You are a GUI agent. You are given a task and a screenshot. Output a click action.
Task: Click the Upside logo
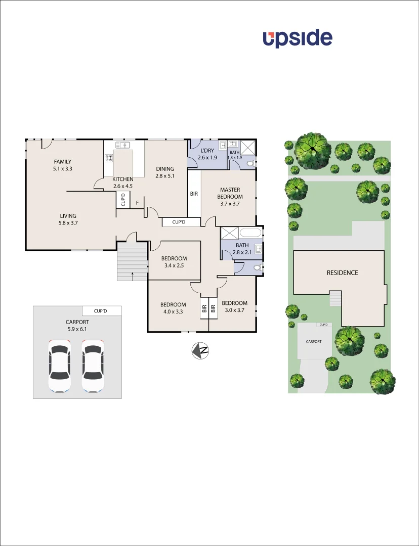coord(298,39)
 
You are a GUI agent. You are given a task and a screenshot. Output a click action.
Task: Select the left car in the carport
coord(59,366)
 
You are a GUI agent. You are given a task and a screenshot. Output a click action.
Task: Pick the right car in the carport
coord(93,366)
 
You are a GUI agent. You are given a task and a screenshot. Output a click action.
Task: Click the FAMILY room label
coord(63,162)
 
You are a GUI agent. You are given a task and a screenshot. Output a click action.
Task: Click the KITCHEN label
coord(123,179)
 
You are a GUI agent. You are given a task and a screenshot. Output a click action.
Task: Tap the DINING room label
coord(165,169)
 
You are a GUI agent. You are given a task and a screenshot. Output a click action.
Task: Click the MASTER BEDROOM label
coord(230,193)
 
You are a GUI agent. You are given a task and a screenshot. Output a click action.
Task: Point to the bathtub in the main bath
coord(250,233)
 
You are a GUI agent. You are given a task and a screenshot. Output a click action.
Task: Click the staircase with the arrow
coord(132,261)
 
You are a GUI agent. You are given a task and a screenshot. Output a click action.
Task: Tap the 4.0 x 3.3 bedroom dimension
coord(173,311)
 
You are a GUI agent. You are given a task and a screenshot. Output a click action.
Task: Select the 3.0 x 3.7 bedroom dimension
coord(234,310)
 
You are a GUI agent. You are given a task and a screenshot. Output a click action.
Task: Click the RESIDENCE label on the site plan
coord(342,272)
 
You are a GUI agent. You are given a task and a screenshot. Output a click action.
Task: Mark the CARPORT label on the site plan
coord(314,342)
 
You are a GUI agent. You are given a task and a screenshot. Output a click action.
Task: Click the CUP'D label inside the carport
coord(100,310)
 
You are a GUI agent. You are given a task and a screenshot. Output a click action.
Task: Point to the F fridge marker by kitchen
coord(137,203)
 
